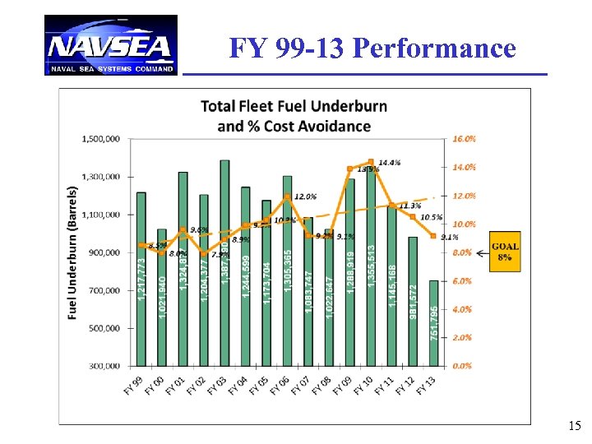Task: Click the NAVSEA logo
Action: (110, 45)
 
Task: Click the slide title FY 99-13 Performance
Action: (372, 49)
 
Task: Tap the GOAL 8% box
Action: (505, 251)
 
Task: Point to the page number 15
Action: (574, 426)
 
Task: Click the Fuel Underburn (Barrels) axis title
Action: (72, 251)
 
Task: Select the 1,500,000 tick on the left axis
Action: (101, 139)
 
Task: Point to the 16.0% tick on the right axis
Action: (465, 139)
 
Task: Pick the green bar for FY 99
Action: (141, 279)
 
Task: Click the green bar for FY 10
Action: (371, 267)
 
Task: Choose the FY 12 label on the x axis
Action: (405, 383)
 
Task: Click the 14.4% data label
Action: (390, 163)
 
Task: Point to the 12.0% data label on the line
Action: (304, 197)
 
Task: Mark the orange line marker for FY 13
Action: (433, 236)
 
